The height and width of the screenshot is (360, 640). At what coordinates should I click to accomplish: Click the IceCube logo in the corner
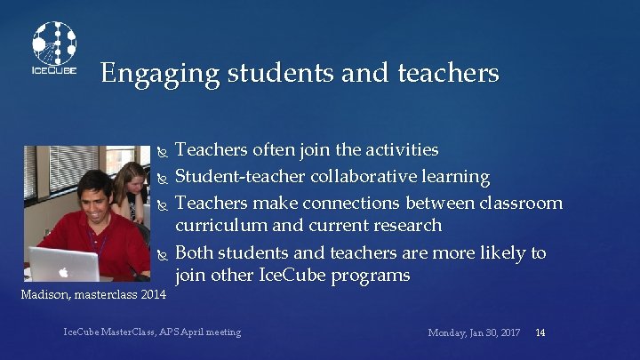point(54,49)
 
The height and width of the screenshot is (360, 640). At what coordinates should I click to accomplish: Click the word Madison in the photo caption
point(38,293)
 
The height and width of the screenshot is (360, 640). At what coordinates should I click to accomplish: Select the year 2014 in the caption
point(152,293)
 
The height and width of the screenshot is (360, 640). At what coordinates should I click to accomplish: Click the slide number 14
point(540,332)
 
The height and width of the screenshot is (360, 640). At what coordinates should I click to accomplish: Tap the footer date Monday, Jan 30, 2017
point(474,332)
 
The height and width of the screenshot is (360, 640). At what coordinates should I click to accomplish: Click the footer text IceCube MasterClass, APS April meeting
point(152,332)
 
